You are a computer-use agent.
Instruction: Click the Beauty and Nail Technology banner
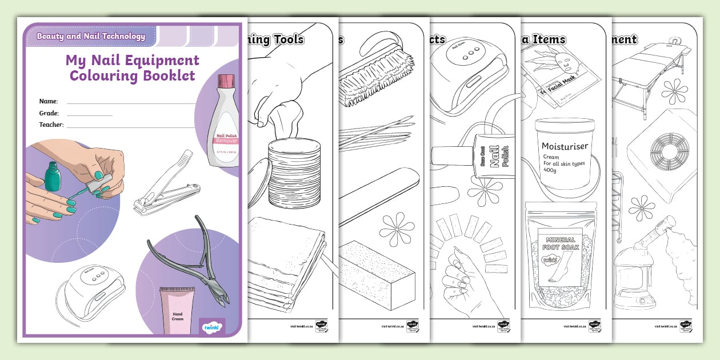91,36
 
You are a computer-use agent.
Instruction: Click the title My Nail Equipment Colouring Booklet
132,68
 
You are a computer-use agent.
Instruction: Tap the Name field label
48,101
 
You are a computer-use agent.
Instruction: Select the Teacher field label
51,125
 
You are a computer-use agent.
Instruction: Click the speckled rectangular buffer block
376,269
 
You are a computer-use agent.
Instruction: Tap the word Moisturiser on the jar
565,146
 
